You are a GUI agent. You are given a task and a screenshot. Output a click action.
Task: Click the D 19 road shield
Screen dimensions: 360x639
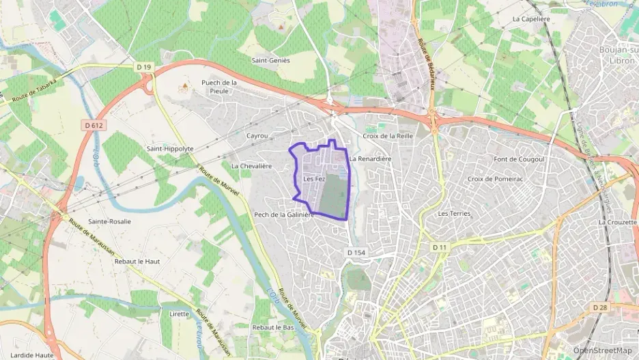pyautogui.click(x=143, y=67)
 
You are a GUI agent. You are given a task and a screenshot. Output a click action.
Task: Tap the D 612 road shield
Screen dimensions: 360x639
pyautogui.click(x=94, y=125)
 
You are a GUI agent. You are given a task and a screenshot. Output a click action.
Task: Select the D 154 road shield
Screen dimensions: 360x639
pyautogui.click(x=356, y=253)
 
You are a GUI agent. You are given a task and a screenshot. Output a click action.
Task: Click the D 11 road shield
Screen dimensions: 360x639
pyautogui.click(x=439, y=247)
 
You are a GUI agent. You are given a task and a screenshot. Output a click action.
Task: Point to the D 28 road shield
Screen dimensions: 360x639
pyautogui.click(x=600, y=307)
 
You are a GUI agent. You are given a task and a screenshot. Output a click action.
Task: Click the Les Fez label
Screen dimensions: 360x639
pyautogui.click(x=314, y=179)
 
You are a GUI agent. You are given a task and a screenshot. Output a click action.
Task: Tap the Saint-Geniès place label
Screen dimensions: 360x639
pyautogui.click(x=271, y=60)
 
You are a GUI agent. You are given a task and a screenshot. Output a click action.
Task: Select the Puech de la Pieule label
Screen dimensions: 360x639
pyautogui.click(x=219, y=87)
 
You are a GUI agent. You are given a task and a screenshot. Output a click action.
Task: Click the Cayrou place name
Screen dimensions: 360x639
pyautogui.click(x=257, y=136)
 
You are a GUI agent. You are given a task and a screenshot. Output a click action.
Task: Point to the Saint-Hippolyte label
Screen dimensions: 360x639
pyautogui.click(x=170, y=148)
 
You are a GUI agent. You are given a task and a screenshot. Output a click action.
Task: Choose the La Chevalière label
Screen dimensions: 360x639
pyautogui.click(x=251, y=166)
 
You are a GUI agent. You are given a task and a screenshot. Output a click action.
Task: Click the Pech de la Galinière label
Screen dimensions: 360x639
pyautogui.click(x=284, y=214)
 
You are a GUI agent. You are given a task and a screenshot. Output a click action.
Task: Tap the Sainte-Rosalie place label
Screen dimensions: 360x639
pyautogui.click(x=109, y=221)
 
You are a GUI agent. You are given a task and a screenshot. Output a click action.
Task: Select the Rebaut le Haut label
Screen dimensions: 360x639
pyautogui.click(x=137, y=262)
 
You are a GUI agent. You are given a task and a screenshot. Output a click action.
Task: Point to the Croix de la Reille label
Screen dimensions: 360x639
pyautogui.click(x=388, y=136)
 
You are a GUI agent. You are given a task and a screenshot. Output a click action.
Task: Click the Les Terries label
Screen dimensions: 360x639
pyautogui.click(x=455, y=213)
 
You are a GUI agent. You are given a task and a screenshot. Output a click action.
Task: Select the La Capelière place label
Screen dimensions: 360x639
pyautogui.click(x=530, y=19)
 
